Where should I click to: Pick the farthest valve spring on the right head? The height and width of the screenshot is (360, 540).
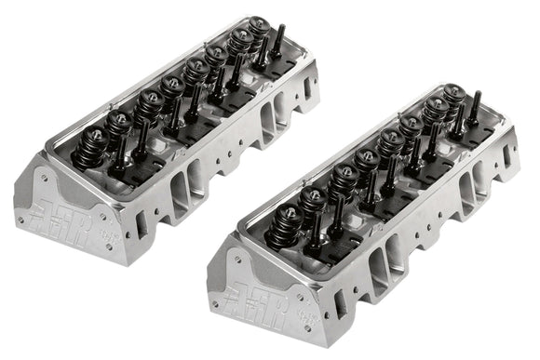point(453,96)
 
